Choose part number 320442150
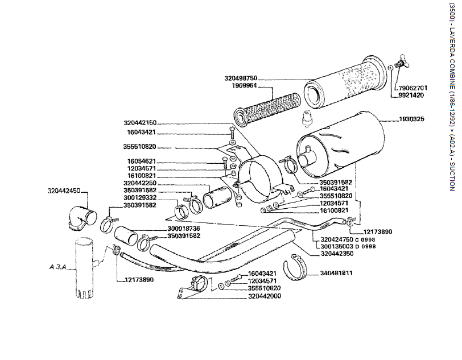[139, 122]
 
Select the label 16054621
[142, 162]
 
